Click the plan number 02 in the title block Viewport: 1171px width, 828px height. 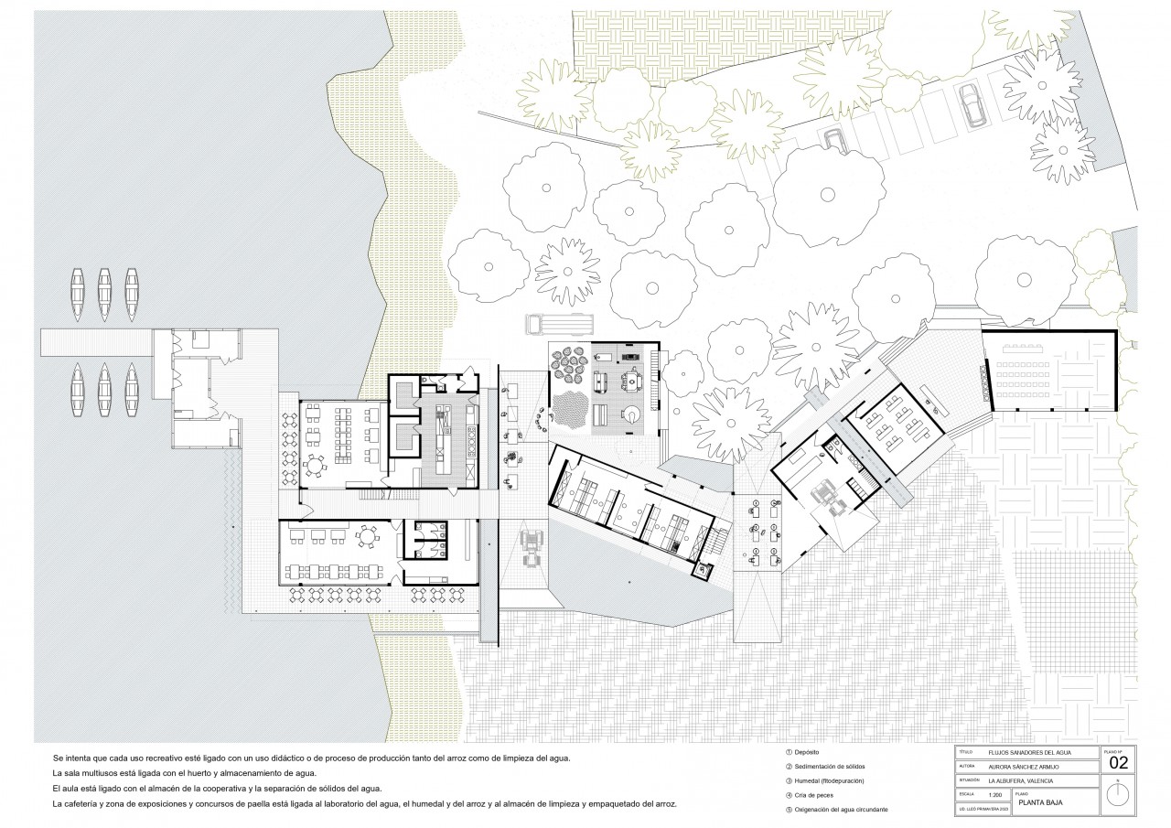(x=1118, y=762)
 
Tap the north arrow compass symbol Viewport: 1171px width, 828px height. (x=1118, y=795)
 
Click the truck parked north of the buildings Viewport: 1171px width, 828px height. (x=559, y=324)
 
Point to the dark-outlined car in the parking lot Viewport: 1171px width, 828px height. (x=969, y=104)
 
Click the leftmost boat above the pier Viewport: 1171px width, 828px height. (x=78, y=295)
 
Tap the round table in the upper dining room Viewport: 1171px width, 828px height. (x=315, y=467)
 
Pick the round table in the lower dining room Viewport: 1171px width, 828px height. (x=371, y=537)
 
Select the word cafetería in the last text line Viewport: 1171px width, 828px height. (x=87, y=803)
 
